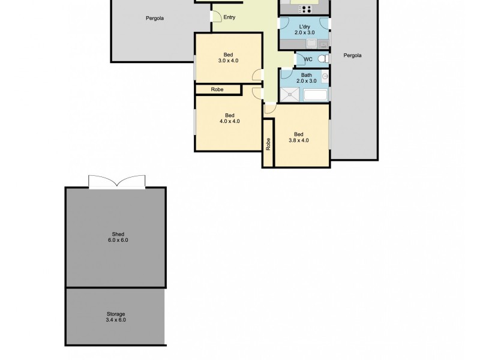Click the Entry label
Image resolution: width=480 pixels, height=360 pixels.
(x=229, y=17)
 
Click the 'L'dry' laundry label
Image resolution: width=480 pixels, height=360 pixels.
(x=304, y=27)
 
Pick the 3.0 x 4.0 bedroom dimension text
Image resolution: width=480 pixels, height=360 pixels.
(x=228, y=61)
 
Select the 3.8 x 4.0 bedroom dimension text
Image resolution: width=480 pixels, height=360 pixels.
(x=298, y=141)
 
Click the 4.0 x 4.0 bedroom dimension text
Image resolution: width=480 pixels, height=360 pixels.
(x=229, y=121)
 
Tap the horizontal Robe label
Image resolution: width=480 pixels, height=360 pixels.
(x=217, y=89)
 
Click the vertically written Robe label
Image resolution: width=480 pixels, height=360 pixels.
(x=268, y=144)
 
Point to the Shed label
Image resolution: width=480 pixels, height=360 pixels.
(x=118, y=234)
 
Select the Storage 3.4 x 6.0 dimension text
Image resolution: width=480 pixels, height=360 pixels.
(x=115, y=320)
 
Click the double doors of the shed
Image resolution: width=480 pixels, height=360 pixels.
(x=116, y=182)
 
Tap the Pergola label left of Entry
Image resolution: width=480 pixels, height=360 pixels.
(x=155, y=18)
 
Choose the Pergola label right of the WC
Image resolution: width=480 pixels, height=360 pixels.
(x=352, y=55)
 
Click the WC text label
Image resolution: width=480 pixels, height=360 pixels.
(x=308, y=59)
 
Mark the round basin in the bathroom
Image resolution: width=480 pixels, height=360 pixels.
(x=325, y=76)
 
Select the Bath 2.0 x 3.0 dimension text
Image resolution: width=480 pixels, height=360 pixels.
(x=306, y=81)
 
